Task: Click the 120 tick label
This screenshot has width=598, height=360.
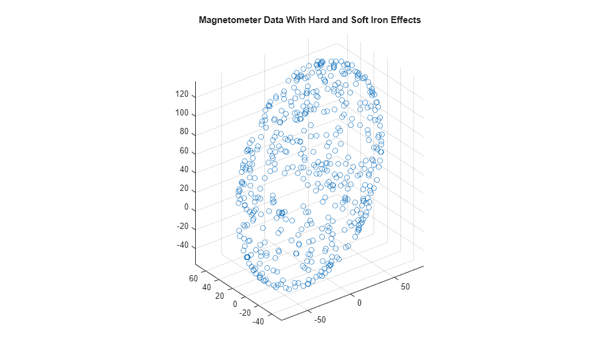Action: click(x=181, y=95)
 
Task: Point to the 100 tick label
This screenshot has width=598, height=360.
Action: click(x=181, y=114)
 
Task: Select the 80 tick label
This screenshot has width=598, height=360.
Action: click(x=183, y=132)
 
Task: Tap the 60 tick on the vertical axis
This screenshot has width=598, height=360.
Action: click(x=183, y=151)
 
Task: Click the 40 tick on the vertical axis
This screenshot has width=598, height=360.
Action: click(x=183, y=170)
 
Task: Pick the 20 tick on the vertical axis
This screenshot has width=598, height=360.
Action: click(x=183, y=188)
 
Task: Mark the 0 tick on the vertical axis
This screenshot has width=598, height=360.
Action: click(x=186, y=207)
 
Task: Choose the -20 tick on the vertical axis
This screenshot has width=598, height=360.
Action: click(x=182, y=226)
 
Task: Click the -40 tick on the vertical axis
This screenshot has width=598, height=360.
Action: click(x=182, y=245)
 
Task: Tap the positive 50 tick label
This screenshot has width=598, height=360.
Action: click(x=405, y=286)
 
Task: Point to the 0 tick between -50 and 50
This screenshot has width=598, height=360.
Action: click(x=359, y=303)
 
